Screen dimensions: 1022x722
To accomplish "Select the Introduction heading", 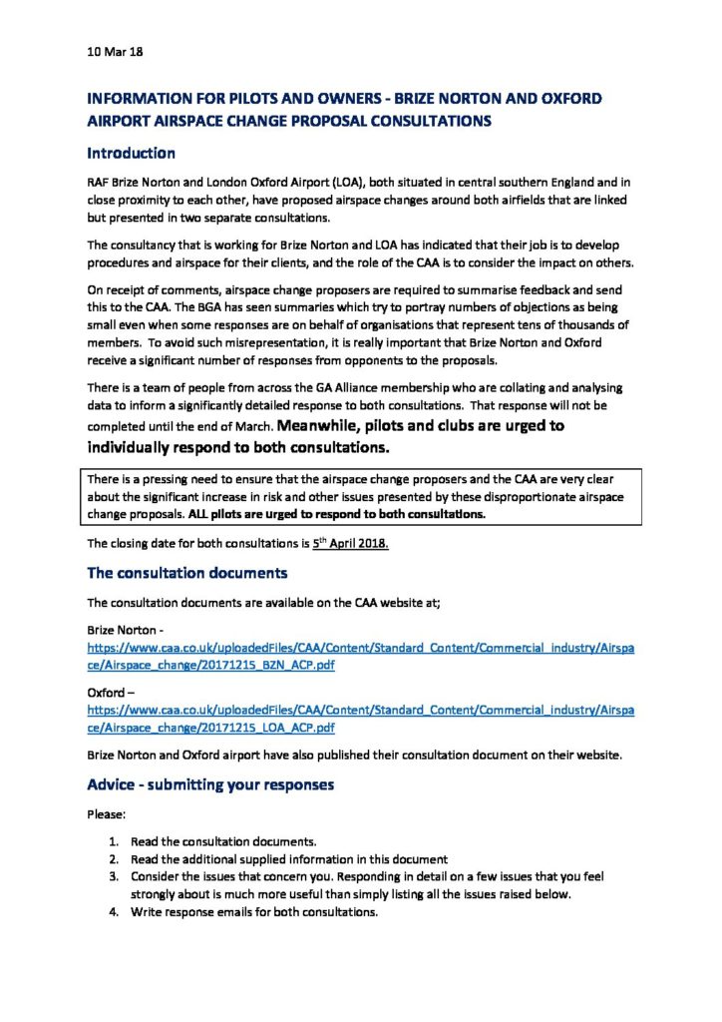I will (131, 154).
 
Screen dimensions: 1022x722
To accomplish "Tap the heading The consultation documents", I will (187, 573).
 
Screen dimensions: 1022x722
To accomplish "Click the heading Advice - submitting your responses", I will (210, 784).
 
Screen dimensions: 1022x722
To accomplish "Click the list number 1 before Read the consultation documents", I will (114, 842).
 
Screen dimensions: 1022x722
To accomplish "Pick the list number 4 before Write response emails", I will (114, 911).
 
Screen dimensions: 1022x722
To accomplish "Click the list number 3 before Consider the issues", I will (114, 876).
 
